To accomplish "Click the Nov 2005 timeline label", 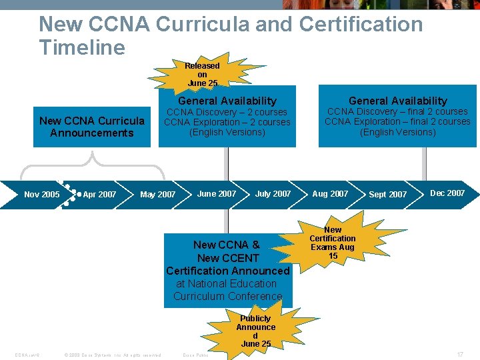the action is pyautogui.click(x=41, y=195).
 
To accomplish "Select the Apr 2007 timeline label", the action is pyautogui.click(x=99, y=195).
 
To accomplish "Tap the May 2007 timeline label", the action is pyautogui.click(x=158, y=195).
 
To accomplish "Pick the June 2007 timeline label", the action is pyautogui.click(x=217, y=193).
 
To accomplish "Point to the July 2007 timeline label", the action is pyautogui.click(x=273, y=193).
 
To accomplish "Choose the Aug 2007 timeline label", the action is pyautogui.click(x=330, y=193).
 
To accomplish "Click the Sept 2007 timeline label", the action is pyautogui.click(x=387, y=194).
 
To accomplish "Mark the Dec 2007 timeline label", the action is pyautogui.click(x=447, y=193).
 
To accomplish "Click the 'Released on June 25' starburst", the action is pyautogui.click(x=202, y=74).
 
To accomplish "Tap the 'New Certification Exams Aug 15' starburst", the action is pyautogui.click(x=332, y=242).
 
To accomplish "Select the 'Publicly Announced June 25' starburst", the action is pyautogui.click(x=255, y=331).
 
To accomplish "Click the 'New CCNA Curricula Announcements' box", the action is pyautogui.click(x=91, y=127).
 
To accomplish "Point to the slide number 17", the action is pyautogui.click(x=460, y=355).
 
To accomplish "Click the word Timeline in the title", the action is pyautogui.click(x=82, y=47).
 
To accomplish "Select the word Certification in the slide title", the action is pyautogui.click(x=361, y=24).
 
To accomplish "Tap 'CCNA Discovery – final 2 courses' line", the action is pyautogui.click(x=397, y=111).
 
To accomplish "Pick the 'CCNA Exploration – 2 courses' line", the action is pyautogui.click(x=227, y=122).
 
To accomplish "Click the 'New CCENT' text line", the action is pyautogui.click(x=227, y=258).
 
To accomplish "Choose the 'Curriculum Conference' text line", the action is pyautogui.click(x=227, y=296).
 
